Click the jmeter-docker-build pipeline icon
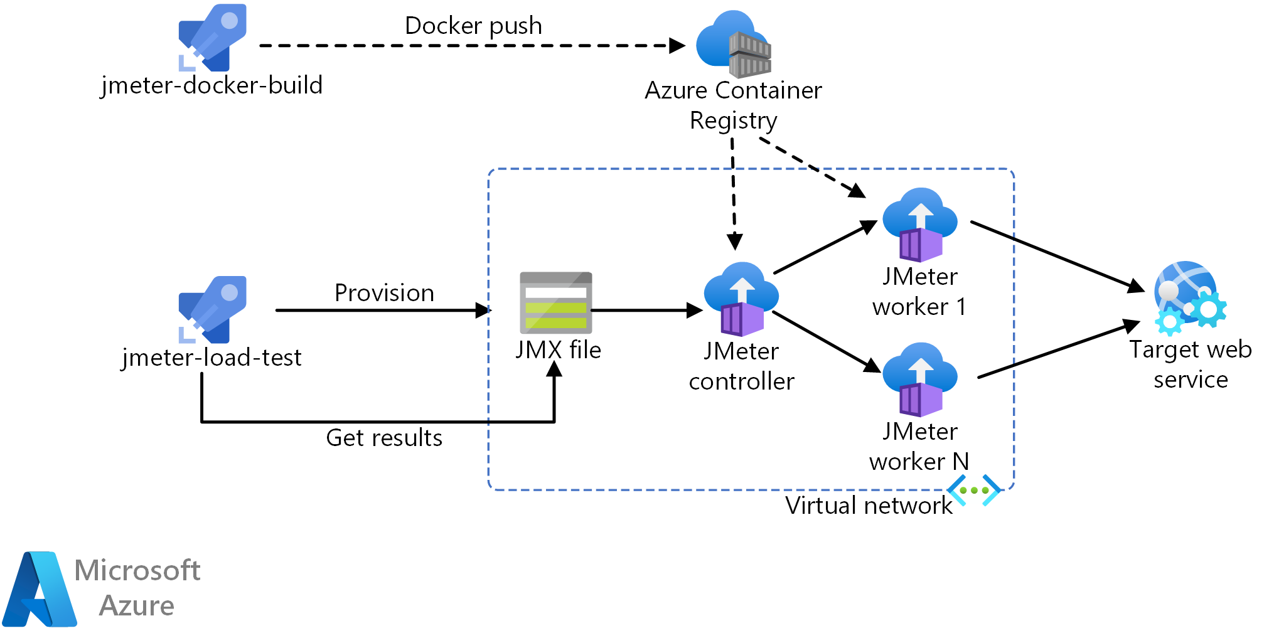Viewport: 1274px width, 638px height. [x=211, y=38]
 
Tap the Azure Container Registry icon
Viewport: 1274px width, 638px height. [x=734, y=44]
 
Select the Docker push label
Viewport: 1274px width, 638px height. [x=473, y=26]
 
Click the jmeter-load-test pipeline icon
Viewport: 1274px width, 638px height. [x=211, y=309]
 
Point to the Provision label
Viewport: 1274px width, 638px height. [x=384, y=293]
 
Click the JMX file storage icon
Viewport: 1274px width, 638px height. [x=555, y=303]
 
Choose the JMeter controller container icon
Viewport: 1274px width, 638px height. [x=741, y=299]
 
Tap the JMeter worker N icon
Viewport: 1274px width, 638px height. [x=920, y=380]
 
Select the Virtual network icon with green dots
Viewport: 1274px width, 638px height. [x=974, y=491]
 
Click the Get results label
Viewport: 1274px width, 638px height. [x=384, y=438]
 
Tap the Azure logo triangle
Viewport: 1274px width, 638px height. [x=39, y=590]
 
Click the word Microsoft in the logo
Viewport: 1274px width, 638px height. [x=137, y=571]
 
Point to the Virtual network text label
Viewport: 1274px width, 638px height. [x=869, y=506]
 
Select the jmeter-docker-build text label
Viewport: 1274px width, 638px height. [x=211, y=85]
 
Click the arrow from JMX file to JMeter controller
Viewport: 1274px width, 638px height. [x=646, y=310]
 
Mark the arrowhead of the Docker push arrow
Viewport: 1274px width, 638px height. [x=678, y=46]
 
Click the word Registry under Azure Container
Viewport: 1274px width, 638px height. [x=733, y=120]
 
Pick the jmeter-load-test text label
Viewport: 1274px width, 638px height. [x=211, y=358]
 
